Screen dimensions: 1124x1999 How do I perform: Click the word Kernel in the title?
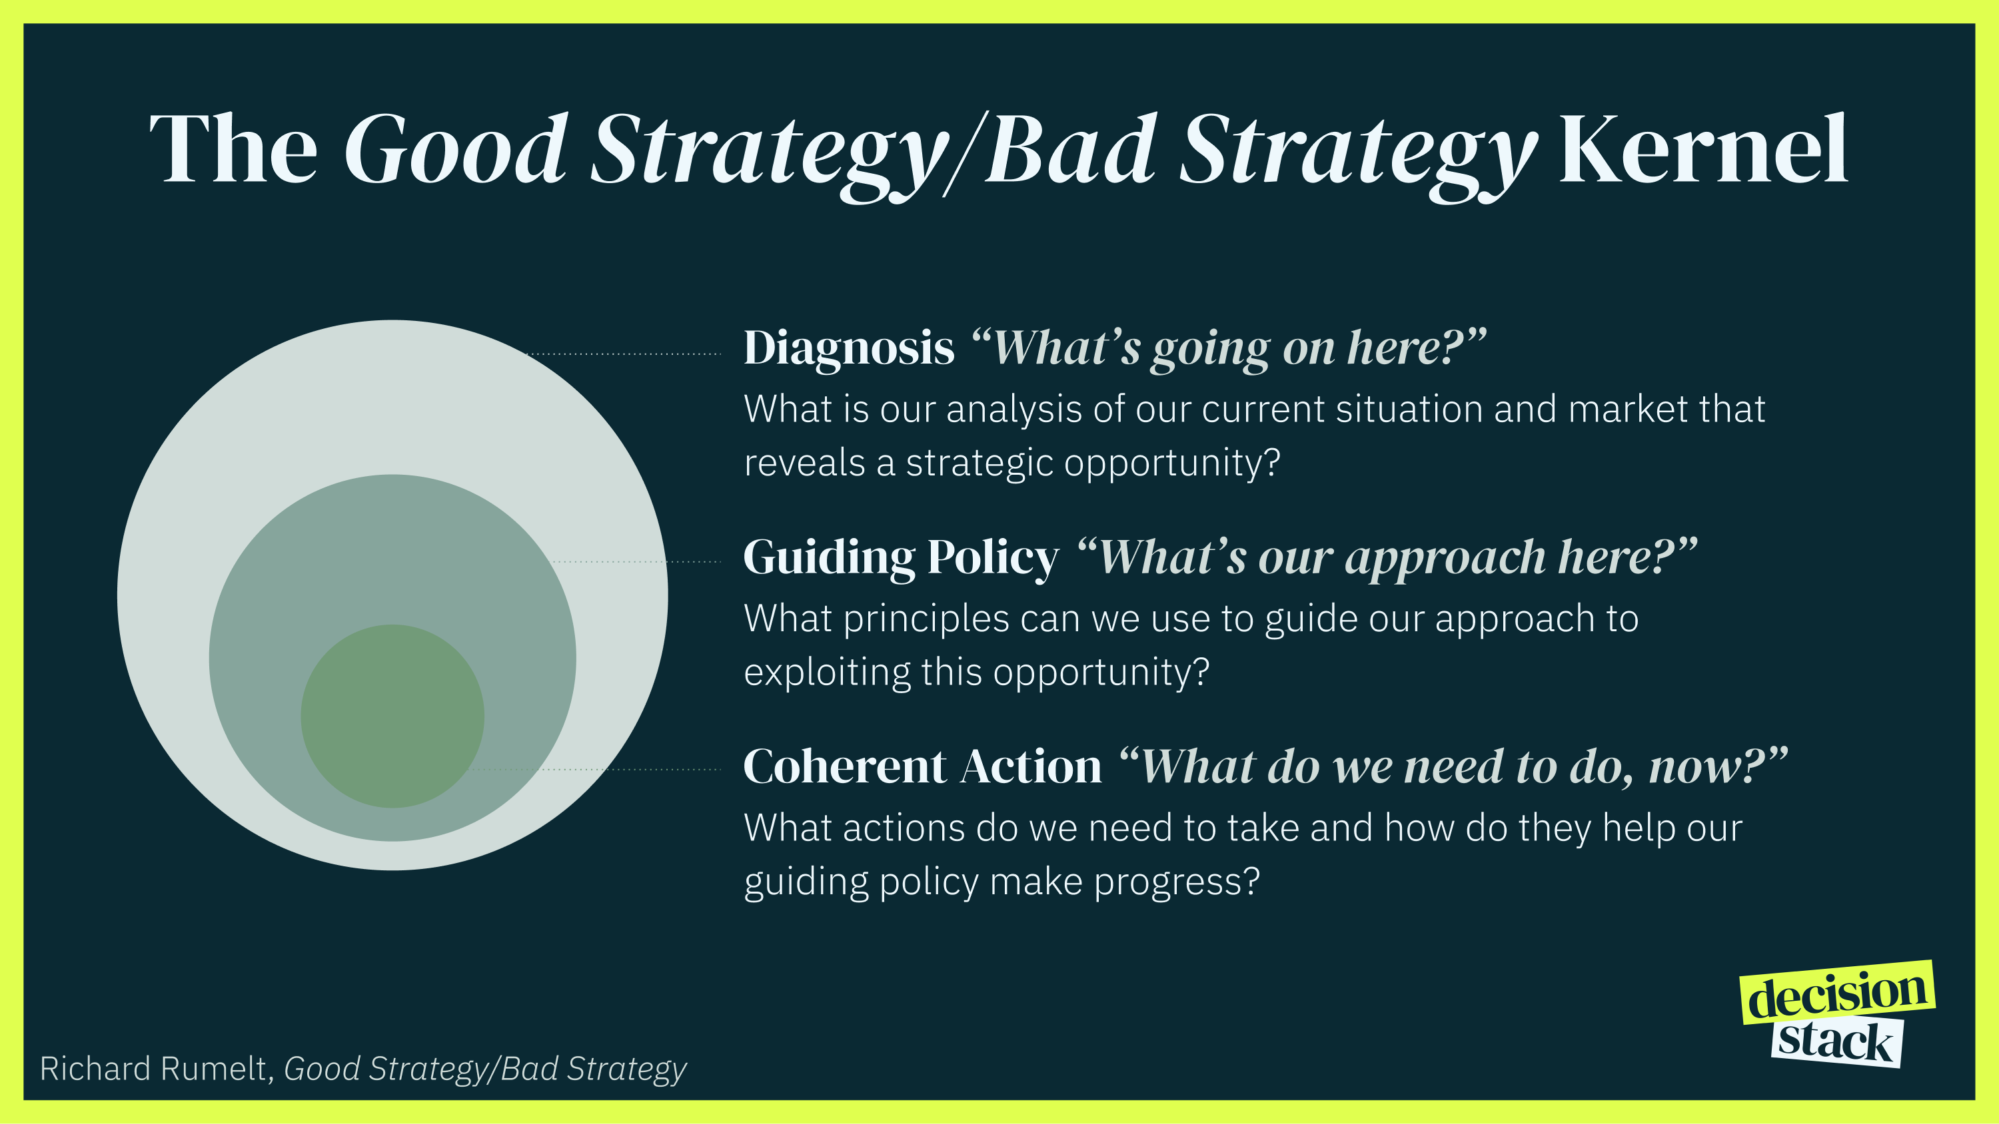click(1703, 149)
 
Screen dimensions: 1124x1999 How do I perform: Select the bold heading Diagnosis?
click(849, 348)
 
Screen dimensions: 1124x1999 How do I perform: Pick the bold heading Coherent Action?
click(922, 766)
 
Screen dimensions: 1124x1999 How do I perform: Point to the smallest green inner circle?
click(392, 715)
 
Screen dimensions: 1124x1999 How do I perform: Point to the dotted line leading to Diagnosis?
click(625, 354)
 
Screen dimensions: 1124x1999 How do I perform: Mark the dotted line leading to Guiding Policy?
click(636, 561)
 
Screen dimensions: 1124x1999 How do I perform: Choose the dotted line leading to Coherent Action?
click(598, 770)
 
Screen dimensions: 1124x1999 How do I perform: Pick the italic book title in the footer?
click(485, 1068)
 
